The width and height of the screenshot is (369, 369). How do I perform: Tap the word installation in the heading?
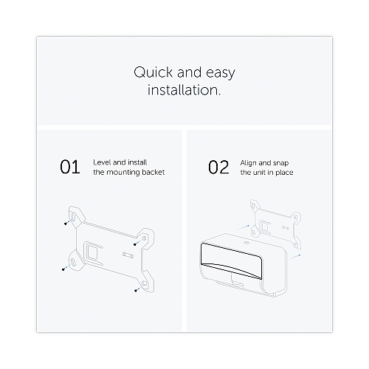(184, 90)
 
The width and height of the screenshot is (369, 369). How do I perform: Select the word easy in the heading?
(221, 74)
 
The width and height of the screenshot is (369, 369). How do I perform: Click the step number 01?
(70, 167)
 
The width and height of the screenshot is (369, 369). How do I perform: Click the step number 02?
(218, 168)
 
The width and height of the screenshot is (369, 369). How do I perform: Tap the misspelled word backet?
(154, 172)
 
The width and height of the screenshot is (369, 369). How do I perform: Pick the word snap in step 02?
(281, 163)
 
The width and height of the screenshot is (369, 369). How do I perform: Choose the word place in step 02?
(284, 173)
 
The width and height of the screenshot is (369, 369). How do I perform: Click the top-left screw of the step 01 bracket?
(66, 224)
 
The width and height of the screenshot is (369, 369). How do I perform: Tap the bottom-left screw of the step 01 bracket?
(63, 269)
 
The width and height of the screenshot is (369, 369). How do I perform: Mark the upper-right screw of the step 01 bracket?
(135, 244)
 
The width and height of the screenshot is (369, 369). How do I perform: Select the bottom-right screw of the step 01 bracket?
(136, 291)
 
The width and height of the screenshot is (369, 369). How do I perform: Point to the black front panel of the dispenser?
(231, 261)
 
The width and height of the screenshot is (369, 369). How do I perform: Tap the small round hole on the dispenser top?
(246, 243)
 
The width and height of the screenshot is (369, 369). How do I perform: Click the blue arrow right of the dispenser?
(294, 257)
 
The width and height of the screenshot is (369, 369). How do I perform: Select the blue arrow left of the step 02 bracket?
(244, 227)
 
